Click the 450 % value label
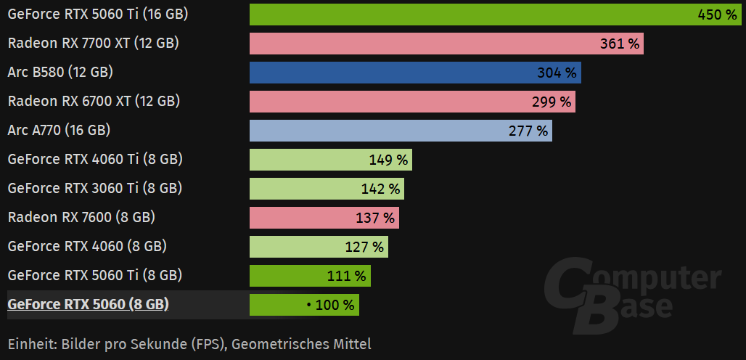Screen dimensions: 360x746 point(717,15)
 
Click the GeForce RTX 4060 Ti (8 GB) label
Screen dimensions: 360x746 point(94,159)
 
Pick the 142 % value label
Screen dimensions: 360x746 point(380,189)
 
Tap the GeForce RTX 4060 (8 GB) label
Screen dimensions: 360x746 point(87,246)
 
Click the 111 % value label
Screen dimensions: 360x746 point(347,276)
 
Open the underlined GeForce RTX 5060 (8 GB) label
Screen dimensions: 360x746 point(88,304)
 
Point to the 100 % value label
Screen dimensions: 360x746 point(335,305)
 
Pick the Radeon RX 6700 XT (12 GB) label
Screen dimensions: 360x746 point(94,101)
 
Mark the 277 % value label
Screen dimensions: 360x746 point(528,131)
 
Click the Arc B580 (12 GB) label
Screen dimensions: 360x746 point(60,72)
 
